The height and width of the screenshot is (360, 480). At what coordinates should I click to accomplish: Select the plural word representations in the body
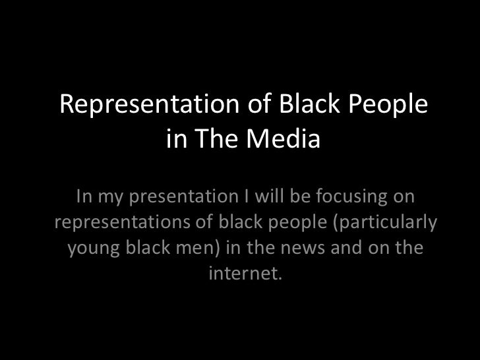(x=121, y=222)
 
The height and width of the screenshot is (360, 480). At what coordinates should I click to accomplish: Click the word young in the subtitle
(x=94, y=248)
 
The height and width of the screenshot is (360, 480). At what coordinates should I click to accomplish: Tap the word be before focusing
(x=299, y=196)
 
